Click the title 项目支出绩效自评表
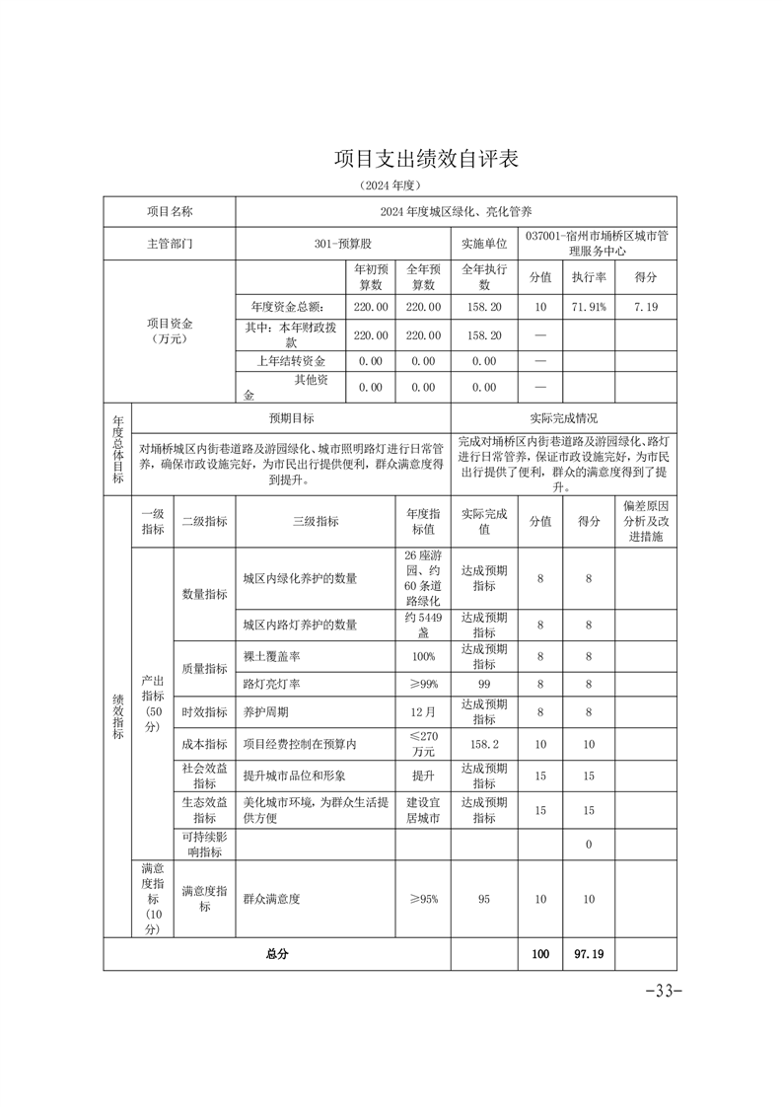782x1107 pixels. tap(425, 160)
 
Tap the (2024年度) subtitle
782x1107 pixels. tap(391, 185)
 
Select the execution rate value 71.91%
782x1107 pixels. tap(590, 308)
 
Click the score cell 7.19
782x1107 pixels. tap(646, 308)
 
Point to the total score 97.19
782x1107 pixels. tap(589, 954)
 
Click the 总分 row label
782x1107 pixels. tap(277, 954)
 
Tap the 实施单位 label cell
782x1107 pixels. tap(484, 243)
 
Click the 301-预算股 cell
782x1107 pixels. tap(342, 243)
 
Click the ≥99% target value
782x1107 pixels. tap(423, 684)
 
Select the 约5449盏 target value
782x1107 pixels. tap(423, 625)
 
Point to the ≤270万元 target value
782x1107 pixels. tap(423, 744)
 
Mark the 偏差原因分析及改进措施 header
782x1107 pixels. tap(646, 521)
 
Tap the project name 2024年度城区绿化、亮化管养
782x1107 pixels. tap(456, 212)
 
